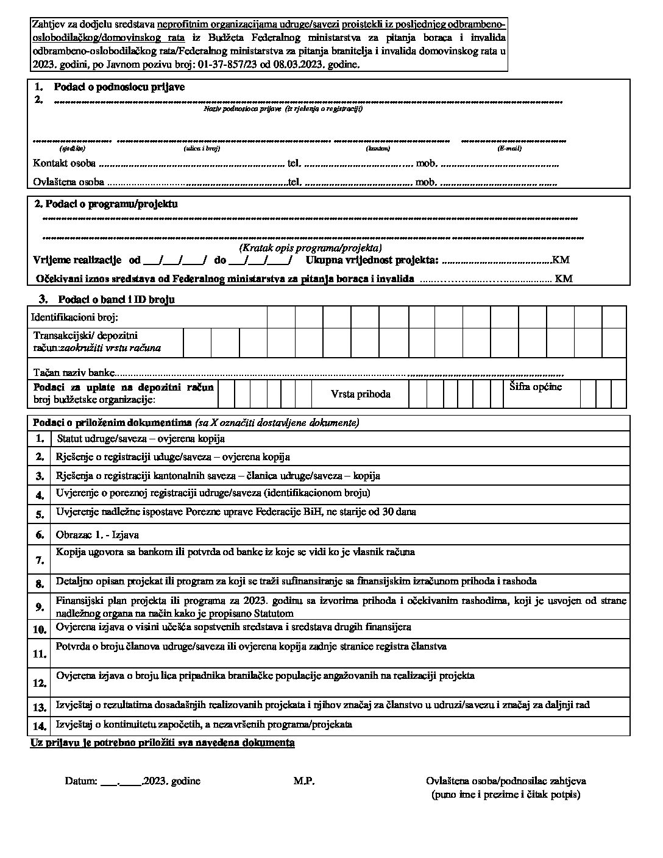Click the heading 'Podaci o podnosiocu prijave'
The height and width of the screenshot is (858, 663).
119,87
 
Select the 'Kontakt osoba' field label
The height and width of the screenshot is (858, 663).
64,163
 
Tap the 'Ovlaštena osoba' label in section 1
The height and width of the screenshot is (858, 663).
68,182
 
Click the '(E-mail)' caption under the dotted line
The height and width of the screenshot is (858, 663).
509,148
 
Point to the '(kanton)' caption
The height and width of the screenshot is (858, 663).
378,148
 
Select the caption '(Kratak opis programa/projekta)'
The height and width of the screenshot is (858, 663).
311,248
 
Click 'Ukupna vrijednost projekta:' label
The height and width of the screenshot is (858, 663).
372,260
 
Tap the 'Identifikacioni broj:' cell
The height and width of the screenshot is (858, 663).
74,317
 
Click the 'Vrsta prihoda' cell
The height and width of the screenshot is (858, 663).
361,394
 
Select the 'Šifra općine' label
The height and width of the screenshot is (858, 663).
534,387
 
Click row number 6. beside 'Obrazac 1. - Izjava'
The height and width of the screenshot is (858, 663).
40,535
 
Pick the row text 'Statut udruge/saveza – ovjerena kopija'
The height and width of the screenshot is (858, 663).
141,438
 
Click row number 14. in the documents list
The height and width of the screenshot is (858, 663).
40,726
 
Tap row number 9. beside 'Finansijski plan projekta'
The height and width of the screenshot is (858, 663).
40,606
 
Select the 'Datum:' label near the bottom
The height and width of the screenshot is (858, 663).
81,781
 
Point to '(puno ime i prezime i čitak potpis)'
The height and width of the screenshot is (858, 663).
505,795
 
